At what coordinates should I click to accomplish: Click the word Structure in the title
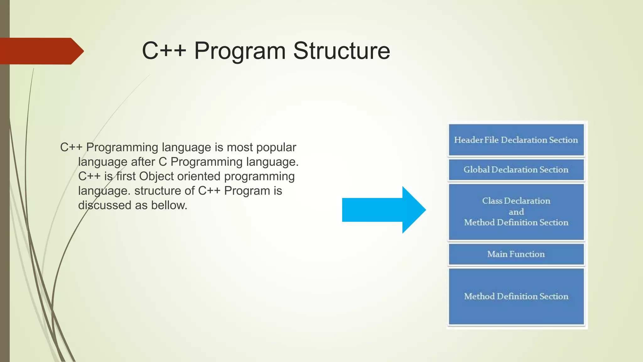click(x=342, y=51)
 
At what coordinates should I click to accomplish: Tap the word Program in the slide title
click(x=240, y=51)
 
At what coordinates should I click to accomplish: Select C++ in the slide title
click(x=164, y=51)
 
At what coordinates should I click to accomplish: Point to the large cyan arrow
click(x=383, y=210)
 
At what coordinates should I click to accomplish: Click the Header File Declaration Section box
click(x=516, y=140)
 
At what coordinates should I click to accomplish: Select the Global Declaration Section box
click(x=516, y=170)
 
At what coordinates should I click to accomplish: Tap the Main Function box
click(x=516, y=254)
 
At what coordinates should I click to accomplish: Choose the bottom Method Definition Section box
click(x=516, y=296)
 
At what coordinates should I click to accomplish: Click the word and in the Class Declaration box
click(x=516, y=212)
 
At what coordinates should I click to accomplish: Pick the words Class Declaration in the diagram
click(x=516, y=201)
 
